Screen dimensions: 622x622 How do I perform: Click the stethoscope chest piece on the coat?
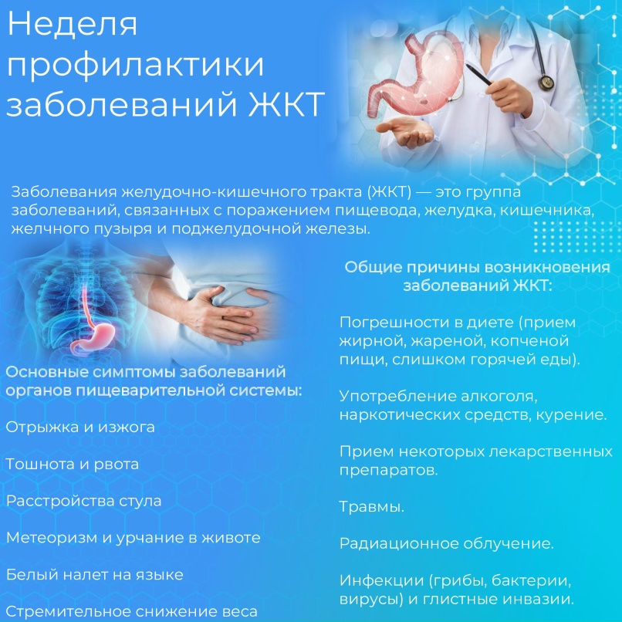click(546, 80)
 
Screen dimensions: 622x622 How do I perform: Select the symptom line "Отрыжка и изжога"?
click(80, 427)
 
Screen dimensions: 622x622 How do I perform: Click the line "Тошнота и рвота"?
click(73, 464)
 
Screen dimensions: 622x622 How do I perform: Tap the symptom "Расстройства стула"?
click(83, 501)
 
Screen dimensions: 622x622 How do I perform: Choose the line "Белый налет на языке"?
click(94, 575)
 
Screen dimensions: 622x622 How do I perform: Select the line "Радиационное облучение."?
click(446, 543)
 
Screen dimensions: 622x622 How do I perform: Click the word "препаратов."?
click(388, 469)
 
